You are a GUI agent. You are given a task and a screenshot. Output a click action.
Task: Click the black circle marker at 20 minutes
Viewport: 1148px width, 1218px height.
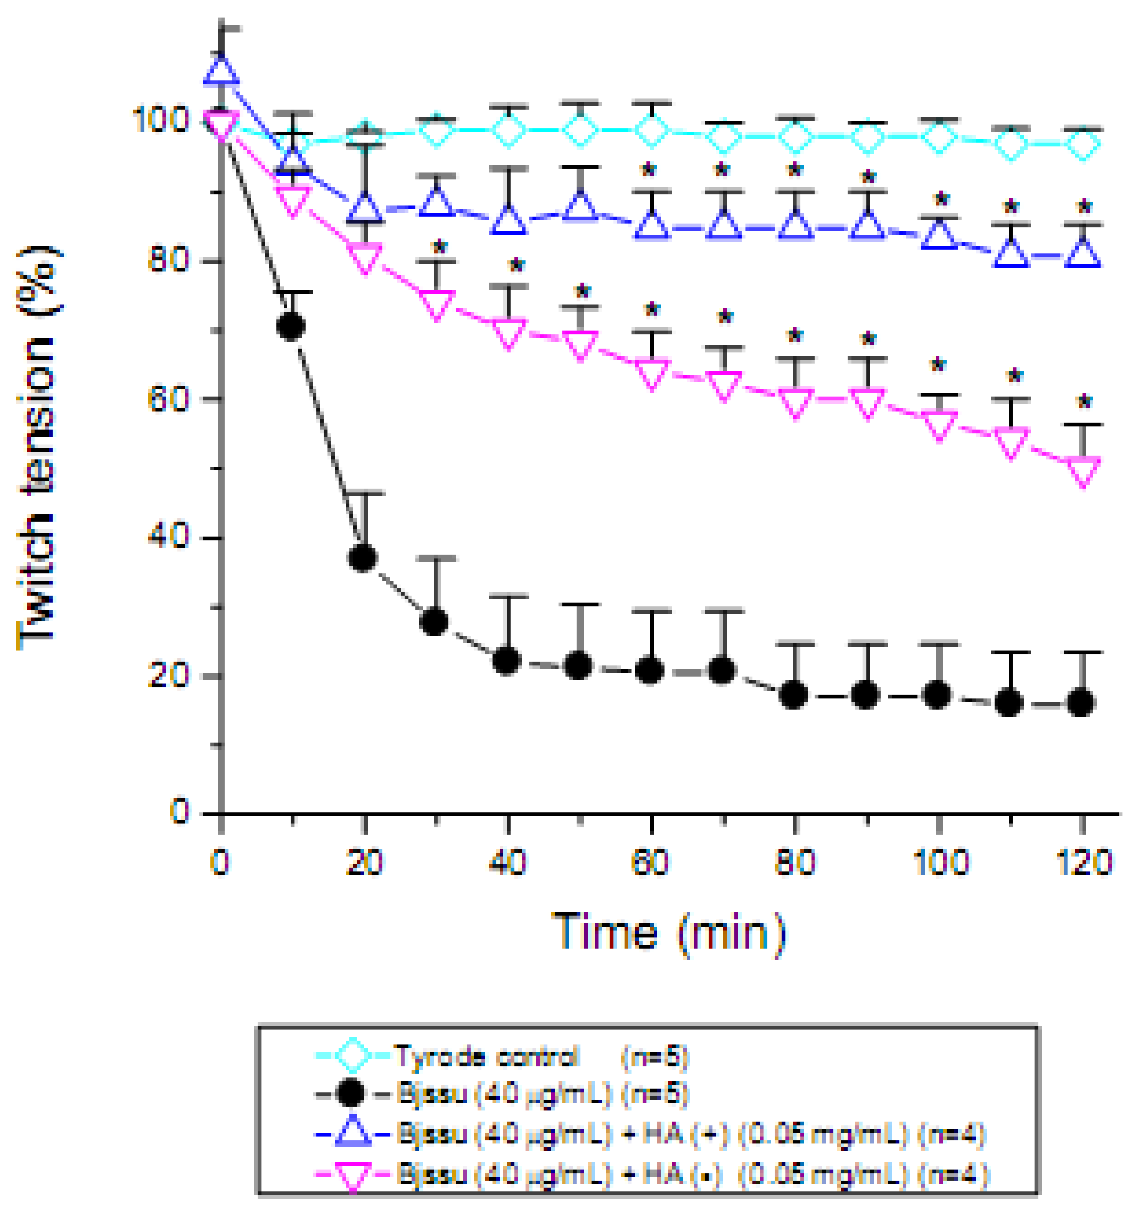click(362, 558)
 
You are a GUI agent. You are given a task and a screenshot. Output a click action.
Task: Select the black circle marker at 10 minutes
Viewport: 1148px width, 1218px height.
click(291, 326)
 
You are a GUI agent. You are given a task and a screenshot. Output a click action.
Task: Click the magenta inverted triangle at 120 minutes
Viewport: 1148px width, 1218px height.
click(1084, 471)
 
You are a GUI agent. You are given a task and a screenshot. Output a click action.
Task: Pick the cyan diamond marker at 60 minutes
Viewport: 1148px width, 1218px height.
click(652, 130)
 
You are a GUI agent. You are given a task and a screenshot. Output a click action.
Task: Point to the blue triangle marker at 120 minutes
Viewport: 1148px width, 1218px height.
click(1084, 253)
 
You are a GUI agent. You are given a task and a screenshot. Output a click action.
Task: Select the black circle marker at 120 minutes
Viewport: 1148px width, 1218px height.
click(1081, 703)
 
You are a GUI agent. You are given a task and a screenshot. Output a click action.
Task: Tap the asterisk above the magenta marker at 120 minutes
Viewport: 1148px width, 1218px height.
click(1084, 402)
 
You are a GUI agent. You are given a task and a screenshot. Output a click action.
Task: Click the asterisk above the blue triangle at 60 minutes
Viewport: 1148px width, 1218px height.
click(648, 170)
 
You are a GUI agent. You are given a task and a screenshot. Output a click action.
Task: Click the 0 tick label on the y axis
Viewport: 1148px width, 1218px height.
click(179, 811)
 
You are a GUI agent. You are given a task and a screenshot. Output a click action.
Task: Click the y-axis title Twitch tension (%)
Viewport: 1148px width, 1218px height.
click(38, 447)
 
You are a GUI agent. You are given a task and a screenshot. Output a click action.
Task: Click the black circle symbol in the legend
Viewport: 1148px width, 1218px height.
click(352, 1093)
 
